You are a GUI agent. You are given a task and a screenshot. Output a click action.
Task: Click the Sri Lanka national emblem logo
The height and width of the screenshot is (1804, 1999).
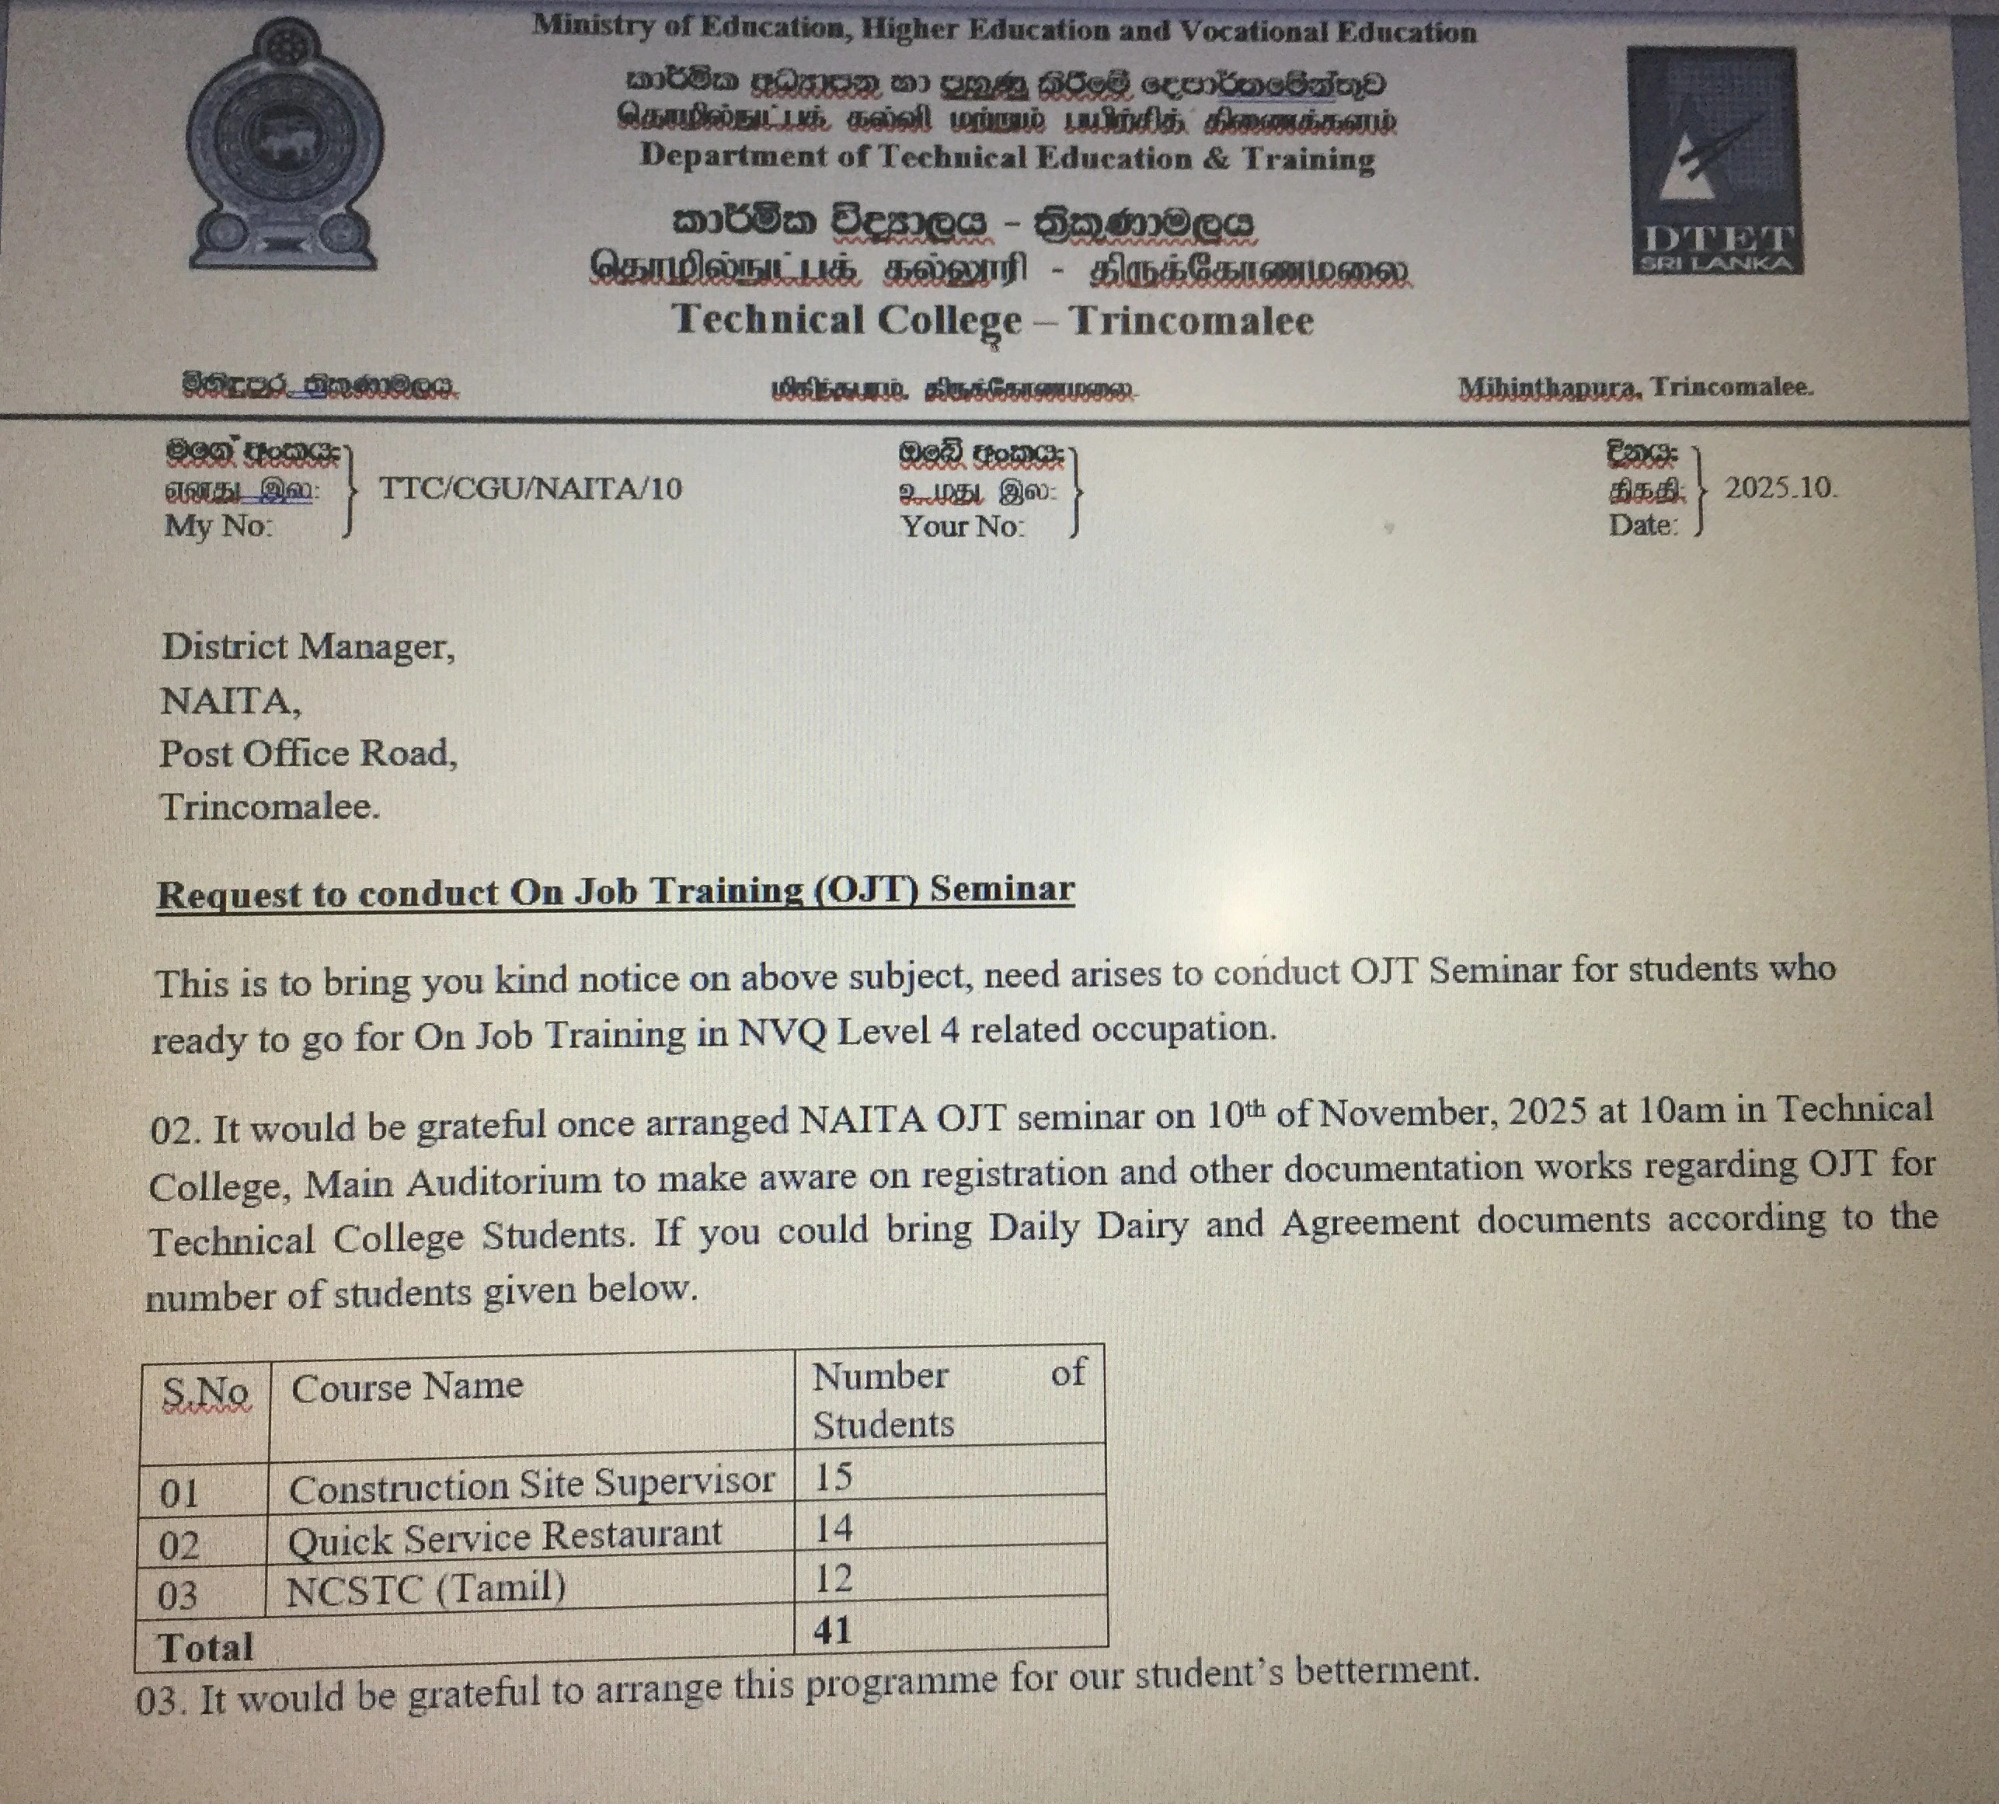click(284, 147)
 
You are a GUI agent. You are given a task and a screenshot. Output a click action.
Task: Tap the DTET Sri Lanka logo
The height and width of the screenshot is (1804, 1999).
click(1715, 162)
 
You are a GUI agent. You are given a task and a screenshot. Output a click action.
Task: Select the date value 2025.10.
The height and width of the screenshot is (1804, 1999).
click(1781, 488)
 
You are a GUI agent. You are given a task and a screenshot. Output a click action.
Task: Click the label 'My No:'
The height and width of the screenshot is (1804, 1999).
click(218, 525)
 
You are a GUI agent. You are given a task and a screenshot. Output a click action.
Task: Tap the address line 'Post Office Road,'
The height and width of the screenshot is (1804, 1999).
click(308, 754)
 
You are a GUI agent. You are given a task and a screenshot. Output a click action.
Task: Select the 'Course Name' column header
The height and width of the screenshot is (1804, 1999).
click(406, 1387)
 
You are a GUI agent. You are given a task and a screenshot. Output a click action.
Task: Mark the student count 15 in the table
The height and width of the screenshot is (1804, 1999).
click(833, 1477)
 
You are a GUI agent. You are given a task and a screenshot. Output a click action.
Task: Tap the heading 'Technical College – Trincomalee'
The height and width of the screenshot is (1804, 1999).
click(993, 320)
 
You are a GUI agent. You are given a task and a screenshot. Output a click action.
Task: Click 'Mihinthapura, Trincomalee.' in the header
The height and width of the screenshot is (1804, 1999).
click(1635, 388)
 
